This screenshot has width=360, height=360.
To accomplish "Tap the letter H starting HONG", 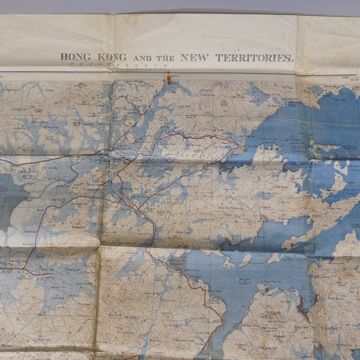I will pyautogui.click(x=63, y=57).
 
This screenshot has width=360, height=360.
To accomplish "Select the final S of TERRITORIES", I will pyautogui.click(x=287, y=57).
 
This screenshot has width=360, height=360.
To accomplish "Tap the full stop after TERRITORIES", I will pyautogui.click(x=293, y=60).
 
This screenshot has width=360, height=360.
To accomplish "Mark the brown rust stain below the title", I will pyautogui.click(x=169, y=76).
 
